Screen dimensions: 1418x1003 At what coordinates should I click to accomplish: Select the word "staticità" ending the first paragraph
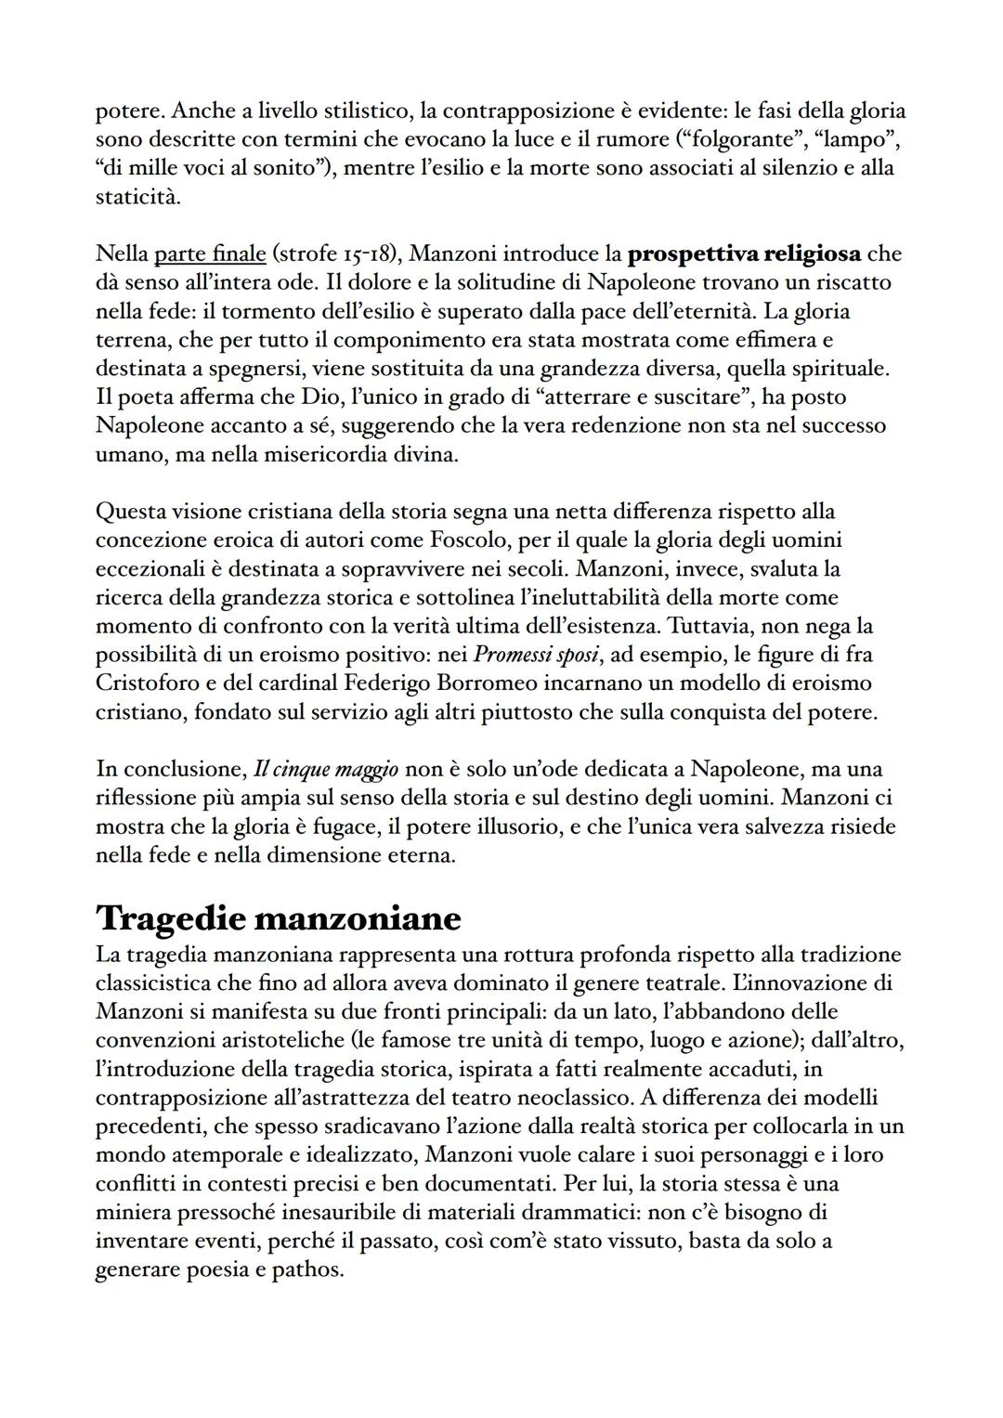click(x=138, y=198)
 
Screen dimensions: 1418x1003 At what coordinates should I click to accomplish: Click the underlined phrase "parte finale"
click(x=210, y=254)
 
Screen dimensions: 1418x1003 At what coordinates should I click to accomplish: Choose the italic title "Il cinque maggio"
click(x=326, y=770)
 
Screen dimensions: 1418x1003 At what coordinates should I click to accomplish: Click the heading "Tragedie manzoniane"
click(x=279, y=918)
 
